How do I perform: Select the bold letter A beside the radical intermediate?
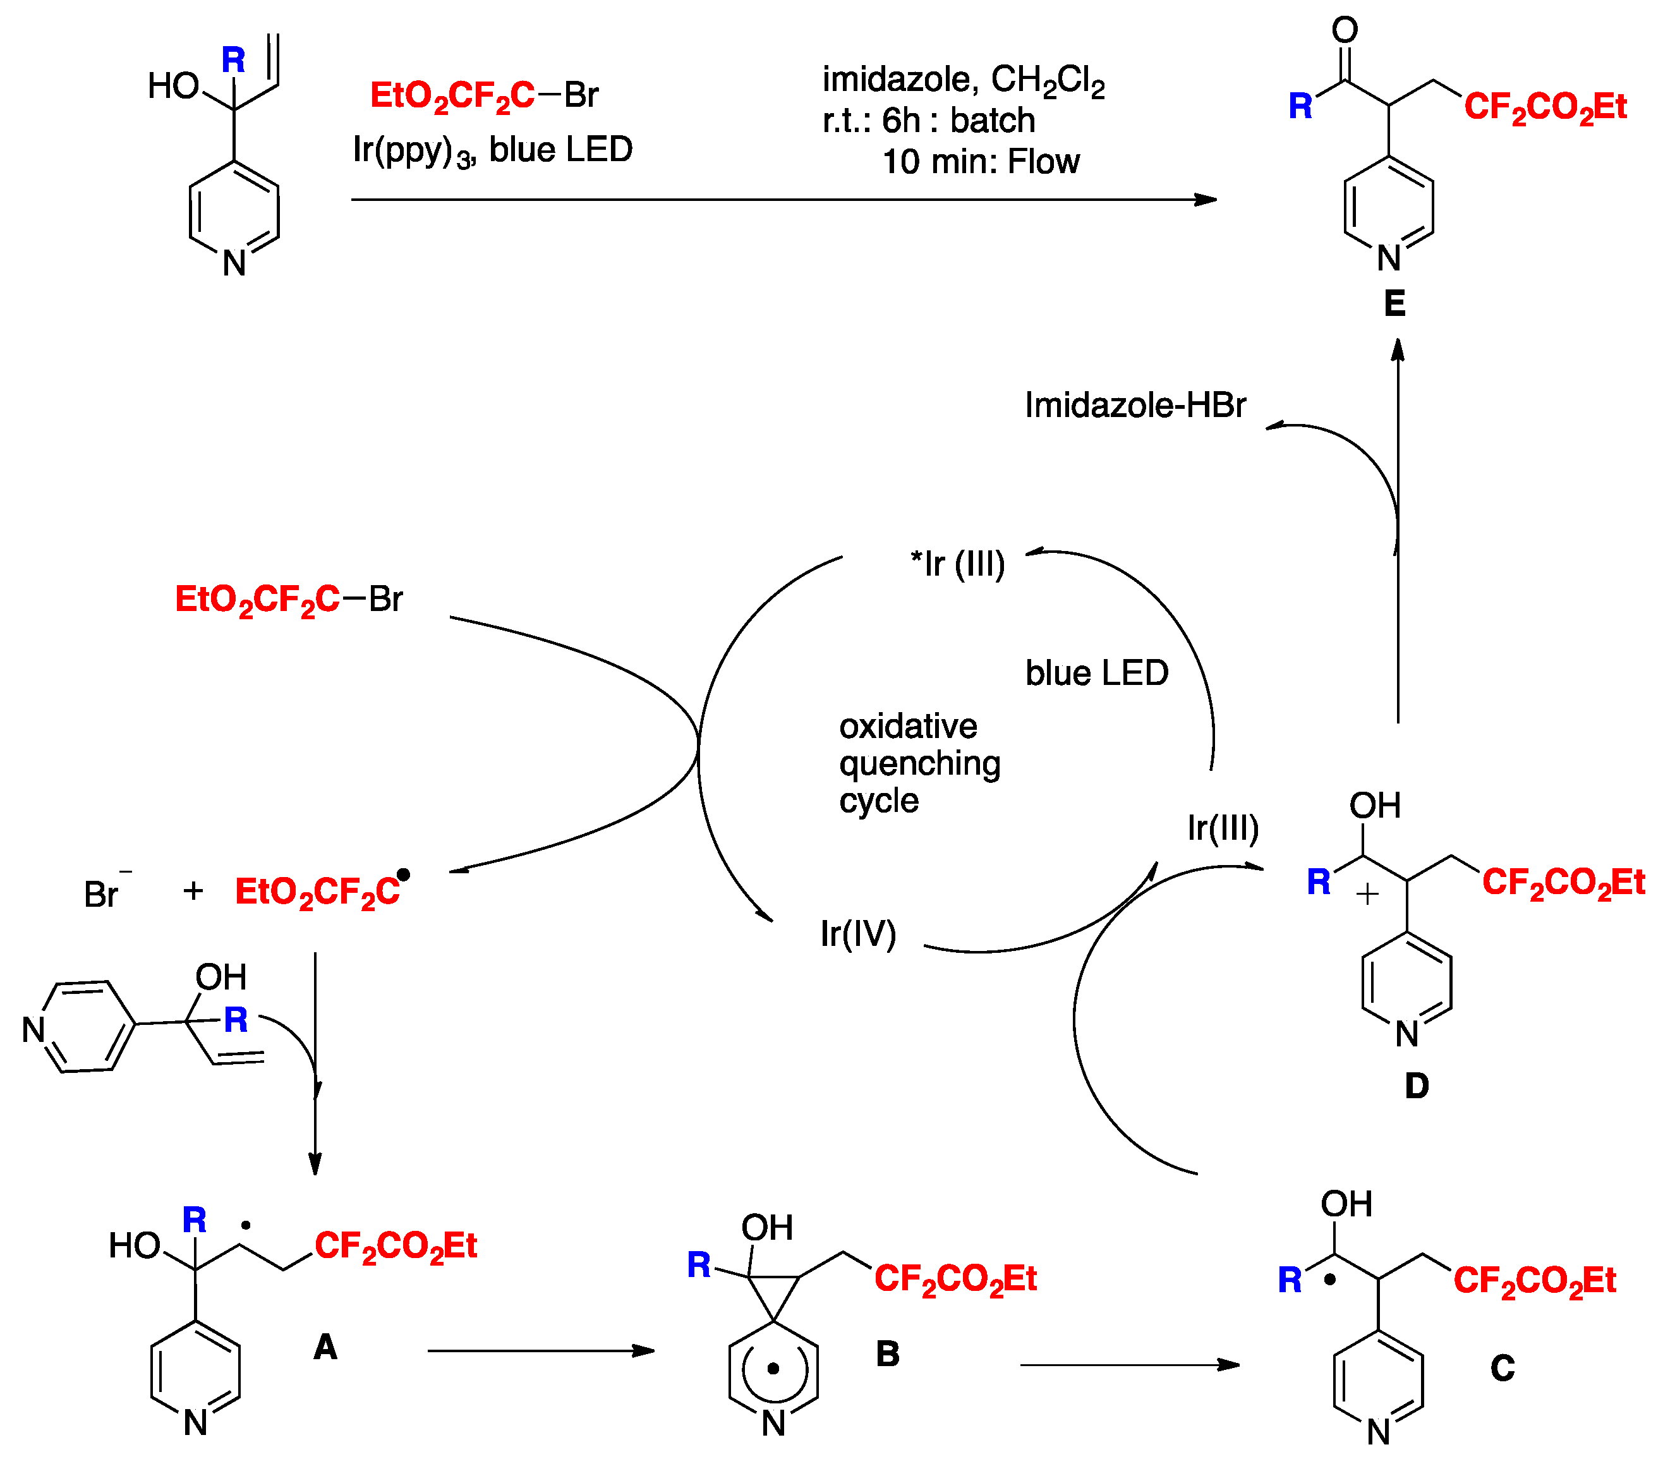click(x=325, y=1347)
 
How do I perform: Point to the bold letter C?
click(x=1502, y=1367)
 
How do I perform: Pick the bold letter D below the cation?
click(x=1417, y=1086)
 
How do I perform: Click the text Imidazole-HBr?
click(x=1134, y=405)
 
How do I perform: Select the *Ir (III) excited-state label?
click(x=958, y=564)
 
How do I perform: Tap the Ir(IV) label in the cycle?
click(x=857, y=933)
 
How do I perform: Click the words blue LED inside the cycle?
click(x=1096, y=673)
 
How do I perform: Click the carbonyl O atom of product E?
click(x=1344, y=31)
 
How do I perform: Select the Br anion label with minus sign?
click(x=104, y=893)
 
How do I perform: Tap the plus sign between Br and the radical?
click(x=193, y=890)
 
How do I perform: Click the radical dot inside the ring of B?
click(x=773, y=1369)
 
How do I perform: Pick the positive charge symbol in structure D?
click(x=1367, y=894)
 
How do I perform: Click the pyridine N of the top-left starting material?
click(x=234, y=263)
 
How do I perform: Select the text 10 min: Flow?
click(x=981, y=162)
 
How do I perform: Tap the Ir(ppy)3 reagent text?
click(x=413, y=150)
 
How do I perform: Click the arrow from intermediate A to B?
click(x=541, y=1351)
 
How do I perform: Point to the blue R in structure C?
click(x=1289, y=1281)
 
